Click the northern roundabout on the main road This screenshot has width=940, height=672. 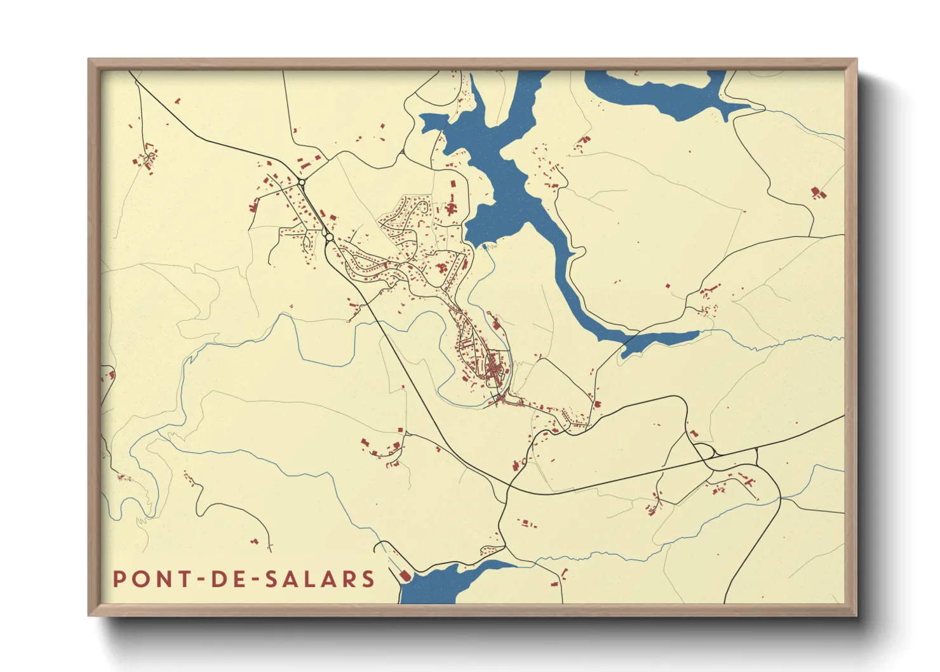click(302, 182)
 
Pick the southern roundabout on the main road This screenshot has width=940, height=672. click(329, 237)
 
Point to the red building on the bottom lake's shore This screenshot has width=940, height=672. click(405, 575)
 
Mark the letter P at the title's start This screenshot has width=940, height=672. click(119, 579)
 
